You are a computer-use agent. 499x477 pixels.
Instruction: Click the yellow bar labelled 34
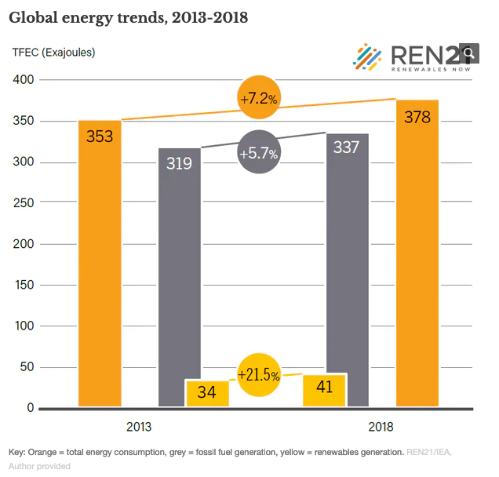click(x=207, y=394)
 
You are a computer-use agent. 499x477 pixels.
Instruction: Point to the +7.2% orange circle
click(x=260, y=98)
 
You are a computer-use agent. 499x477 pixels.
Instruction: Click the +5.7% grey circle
click(x=259, y=154)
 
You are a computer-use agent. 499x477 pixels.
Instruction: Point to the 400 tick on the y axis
click(x=24, y=80)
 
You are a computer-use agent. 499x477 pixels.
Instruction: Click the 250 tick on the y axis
click(x=24, y=203)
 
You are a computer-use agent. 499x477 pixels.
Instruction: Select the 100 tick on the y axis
click(x=24, y=326)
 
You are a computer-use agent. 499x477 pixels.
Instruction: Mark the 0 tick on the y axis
click(x=30, y=408)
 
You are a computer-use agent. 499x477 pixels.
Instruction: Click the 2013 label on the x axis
click(x=139, y=428)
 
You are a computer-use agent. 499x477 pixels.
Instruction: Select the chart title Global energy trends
click(x=129, y=16)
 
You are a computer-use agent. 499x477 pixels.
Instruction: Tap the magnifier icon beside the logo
click(x=469, y=53)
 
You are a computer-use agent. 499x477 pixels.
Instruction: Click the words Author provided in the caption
click(x=39, y=466)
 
